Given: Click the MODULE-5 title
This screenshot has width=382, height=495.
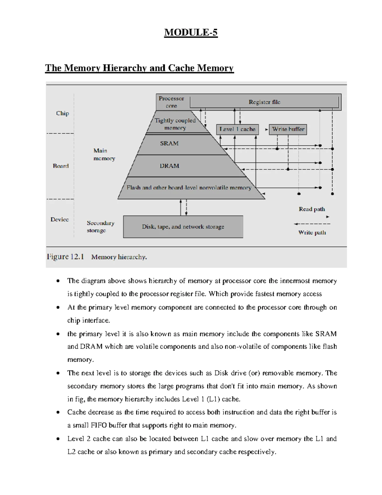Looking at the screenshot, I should pyautogui.click(x=191, y=33).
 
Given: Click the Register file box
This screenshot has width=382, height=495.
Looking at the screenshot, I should pyautogui.click(x=264, y=102).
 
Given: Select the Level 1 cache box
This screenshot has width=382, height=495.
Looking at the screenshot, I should pyautogui.click(x=237, y=129).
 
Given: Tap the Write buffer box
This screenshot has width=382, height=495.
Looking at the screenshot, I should pyautogui.click(x=288, y=129).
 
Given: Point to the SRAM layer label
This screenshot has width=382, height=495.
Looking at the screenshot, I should pyautogui.click(x=169, y=143).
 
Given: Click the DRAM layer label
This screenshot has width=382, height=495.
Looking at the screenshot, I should pyautogui.click(x=169, y=166).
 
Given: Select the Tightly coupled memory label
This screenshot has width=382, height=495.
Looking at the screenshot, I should pyautogui.click(x=175, y=124).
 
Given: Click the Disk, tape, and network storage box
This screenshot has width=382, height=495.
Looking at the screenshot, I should pyautogui.click(x=183, y=227).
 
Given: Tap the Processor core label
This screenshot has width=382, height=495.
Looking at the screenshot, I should pyautogui.click(x=171, y=102).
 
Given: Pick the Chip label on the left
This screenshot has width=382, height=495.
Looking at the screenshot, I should pyautogui.click(x=62, y=113).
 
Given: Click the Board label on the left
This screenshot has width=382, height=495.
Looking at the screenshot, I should pyautogui.click(x=61, y=166).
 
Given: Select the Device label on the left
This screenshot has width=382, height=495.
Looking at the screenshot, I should pyautogui.click(x=60, y=219).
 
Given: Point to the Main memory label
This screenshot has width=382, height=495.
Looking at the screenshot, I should pyautogui.click(x=104, y=154).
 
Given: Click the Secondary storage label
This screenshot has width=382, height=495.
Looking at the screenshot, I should pyautogui.click(x=100, y=227).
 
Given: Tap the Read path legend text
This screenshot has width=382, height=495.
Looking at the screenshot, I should pyautogui.click(x=312, y=209).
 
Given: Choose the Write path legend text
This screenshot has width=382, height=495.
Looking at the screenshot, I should pyautogui.click(x=312, y=232).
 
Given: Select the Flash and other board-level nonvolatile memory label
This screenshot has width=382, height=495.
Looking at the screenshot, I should pyautogui.click(x=189, y=188).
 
